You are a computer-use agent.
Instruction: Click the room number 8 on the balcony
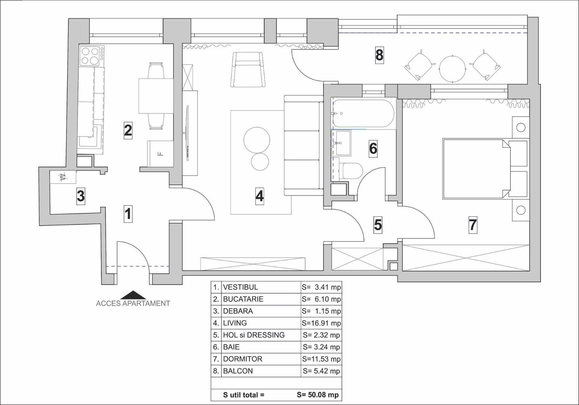[x=379, y=55]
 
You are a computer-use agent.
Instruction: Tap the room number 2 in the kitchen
[x=128, y=130]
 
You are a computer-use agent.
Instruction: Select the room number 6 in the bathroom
[x=373, y=148]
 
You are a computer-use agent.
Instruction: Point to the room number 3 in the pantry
[x=81, y=196]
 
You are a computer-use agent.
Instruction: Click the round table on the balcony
[x=453, y=69]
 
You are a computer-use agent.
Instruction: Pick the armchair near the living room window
[x=248, y=69]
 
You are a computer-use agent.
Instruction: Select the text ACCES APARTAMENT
[x=133, y=303]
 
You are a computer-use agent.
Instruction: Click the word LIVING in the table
[x=235, y=323]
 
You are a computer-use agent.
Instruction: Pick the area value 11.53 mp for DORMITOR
[x=322, y=359]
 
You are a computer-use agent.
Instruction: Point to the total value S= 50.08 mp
[x=317, y=395]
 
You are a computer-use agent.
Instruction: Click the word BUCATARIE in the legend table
[x=243, y=299]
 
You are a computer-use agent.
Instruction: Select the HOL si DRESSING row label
[x=254, y=335]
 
